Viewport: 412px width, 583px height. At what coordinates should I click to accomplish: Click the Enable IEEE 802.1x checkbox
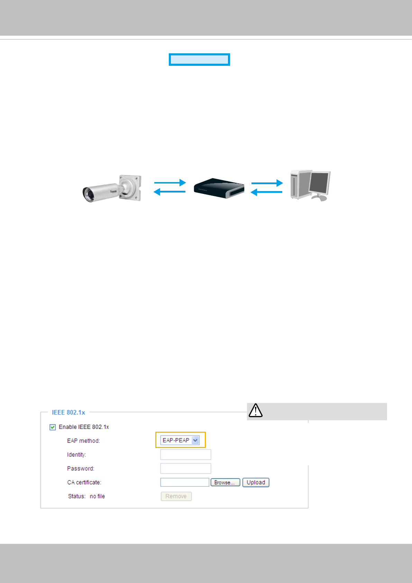coord(53,427)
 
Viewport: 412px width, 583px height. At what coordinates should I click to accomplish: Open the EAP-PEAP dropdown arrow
coord(195,440)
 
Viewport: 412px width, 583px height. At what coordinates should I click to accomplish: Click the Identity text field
coord(185,455)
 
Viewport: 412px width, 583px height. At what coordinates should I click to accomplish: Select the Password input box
coord(185,468)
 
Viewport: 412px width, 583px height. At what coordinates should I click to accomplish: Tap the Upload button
coord(256,482)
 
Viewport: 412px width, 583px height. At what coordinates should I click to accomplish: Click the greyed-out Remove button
coord(176,496)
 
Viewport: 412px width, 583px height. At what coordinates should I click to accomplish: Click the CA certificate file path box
coord(185,482)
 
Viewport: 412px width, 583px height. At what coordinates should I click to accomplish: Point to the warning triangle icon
coord(256,411)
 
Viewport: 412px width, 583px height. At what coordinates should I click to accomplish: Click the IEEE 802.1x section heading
coord(68,412)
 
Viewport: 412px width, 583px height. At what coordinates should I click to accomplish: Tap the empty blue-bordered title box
coord(199,60)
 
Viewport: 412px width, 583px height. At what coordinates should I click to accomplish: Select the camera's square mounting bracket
coord(131,188)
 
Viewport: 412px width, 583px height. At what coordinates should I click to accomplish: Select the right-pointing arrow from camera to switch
coord(170,182)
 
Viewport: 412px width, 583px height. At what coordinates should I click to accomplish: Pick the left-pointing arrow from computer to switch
coord(266,192)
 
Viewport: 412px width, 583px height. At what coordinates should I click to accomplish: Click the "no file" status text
coord(97,496)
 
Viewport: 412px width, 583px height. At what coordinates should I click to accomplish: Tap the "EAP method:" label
coord(83,441)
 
